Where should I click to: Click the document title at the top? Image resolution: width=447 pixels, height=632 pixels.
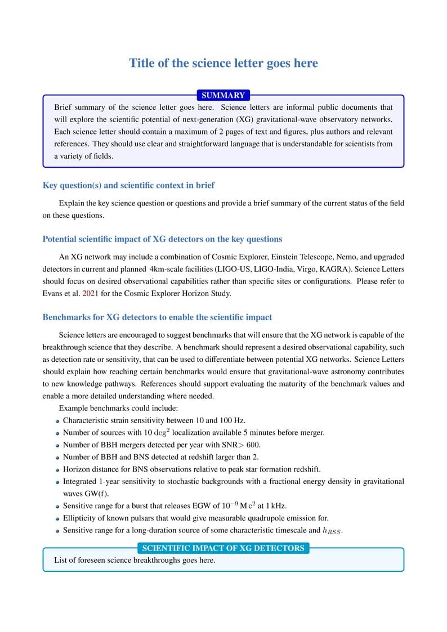click(x=223, y=63)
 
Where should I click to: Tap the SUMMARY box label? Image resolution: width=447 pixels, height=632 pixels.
click(x=223, y=96)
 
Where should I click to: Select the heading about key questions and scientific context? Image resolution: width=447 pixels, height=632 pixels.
click(x=128, y=185)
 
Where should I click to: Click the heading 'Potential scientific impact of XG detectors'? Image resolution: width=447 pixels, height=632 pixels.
click(x=162, y=239)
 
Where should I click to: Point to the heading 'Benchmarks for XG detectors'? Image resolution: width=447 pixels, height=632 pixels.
click(x=157, y=317)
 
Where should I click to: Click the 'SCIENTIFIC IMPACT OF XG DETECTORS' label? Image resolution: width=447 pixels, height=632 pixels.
click(x=223, y=548)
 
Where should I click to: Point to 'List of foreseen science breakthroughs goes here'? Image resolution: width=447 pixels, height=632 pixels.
click(x=135, y=561)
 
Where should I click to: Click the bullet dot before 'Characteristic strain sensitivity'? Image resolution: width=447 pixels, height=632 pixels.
click(x=57, y=421)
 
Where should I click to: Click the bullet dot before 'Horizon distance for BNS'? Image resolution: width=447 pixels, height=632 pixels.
click(x=57, y=470)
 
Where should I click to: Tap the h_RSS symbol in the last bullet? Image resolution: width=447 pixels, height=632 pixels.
click(x=332, y=531)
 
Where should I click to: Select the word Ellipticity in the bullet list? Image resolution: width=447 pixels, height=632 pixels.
click(x=81, y=518)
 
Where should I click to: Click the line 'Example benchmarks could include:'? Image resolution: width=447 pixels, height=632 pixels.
click(x=118, y=408)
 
